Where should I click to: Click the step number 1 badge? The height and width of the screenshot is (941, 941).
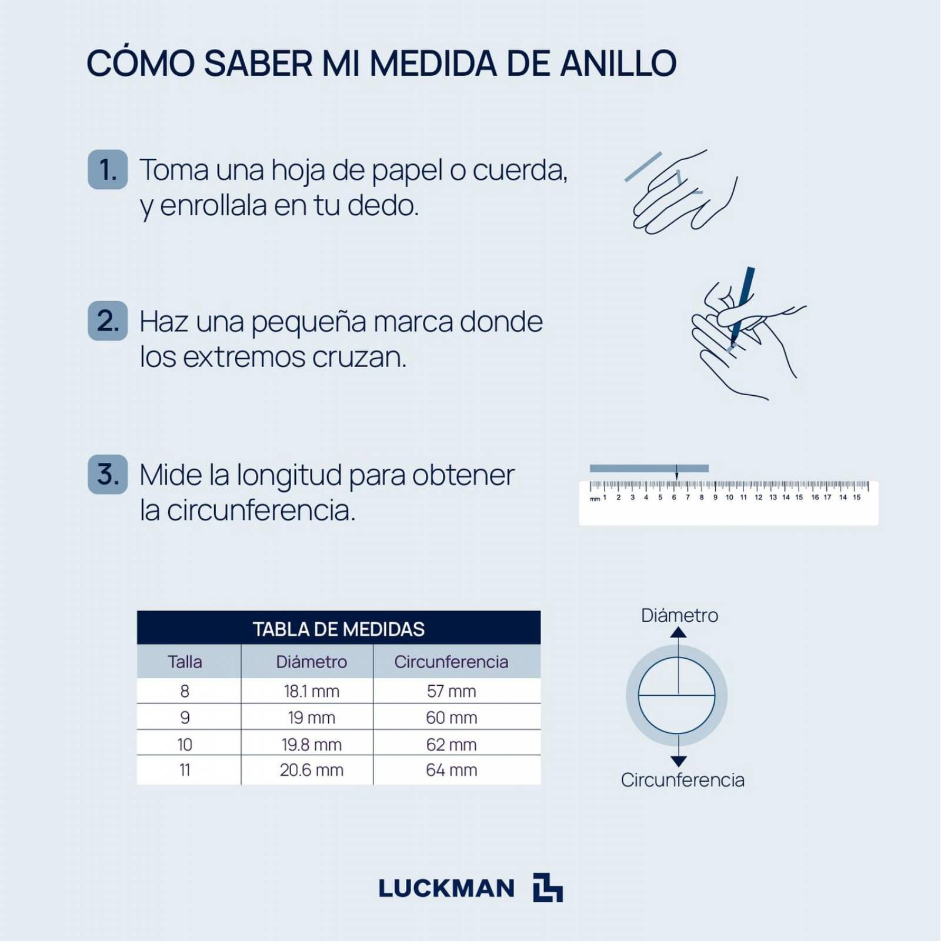(x=108, y=169)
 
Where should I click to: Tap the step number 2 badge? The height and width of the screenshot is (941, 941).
(x=108, y=321)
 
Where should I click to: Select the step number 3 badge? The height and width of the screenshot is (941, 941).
(x=108, y=474)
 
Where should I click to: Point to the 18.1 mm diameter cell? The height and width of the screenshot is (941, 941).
(x=311, y=691)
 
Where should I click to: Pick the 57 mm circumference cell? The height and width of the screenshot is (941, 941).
(x=451, y=691)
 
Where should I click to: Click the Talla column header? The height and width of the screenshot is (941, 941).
(x=185, y=662)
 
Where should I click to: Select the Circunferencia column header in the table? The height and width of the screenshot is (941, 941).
(x=451, y=662)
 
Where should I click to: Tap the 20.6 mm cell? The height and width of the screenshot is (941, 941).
(x=311, y=770)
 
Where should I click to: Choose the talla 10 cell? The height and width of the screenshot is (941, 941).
(x=185, y=745)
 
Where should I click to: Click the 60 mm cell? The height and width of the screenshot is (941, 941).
(x=451, y=718)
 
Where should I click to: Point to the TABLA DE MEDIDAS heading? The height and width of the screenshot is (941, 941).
(x=338, y=629)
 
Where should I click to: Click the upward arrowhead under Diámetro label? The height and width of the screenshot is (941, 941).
(x=678, y=633)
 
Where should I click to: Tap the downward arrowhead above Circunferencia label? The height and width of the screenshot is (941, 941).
(x=678, y=760)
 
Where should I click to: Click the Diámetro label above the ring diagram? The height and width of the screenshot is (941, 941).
(x=679, y=615)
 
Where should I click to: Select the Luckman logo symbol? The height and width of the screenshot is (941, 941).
(x=548, y=887)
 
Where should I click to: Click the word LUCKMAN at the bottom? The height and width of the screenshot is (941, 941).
(x=446, y=888)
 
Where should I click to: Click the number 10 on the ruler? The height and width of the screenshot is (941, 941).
(x=729, y=498)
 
